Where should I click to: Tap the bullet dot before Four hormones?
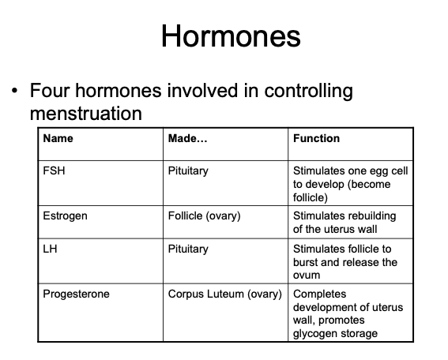tap(14, 92)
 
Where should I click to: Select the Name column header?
tap(58, 138)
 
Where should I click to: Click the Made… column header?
tap(188, 138)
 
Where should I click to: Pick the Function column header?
tap(316, 138)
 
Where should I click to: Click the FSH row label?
tap(54, 170)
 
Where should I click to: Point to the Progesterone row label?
tap(76, 294)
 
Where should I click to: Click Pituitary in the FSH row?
tap(188, 170)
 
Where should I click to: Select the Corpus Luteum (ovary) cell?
tap(225, 294)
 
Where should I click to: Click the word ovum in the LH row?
tap(307, 276)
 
